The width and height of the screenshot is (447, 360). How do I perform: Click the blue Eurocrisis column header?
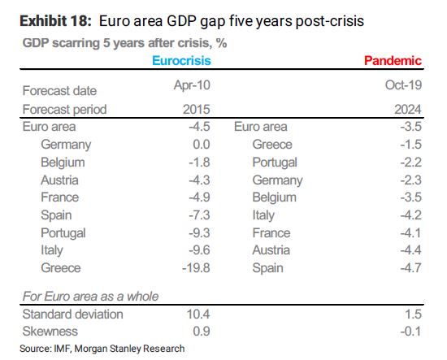182,60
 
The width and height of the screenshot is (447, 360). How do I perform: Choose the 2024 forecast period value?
406,109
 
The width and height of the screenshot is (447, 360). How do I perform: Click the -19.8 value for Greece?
195,268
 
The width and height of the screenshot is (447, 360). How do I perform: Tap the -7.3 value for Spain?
198,215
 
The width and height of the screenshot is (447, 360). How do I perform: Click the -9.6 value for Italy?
198,250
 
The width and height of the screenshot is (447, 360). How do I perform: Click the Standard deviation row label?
73,314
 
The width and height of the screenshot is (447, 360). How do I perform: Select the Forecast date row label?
60,91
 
